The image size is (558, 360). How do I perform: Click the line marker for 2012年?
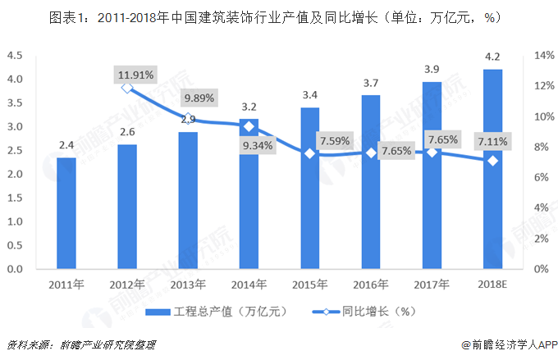(x=127, y=87)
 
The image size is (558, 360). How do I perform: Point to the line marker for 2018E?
(x=493, y=161)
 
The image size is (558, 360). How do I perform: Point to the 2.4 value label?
(x=66, y=146)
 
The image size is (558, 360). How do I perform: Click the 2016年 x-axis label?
(x=371, y=285)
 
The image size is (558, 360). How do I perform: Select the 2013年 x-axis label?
(x=188, y=285)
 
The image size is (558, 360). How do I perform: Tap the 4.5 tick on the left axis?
(x=14, y=56)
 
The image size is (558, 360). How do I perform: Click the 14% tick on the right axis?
(x=544, y=56)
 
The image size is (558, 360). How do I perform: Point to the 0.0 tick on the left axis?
(x=14, y=269)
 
